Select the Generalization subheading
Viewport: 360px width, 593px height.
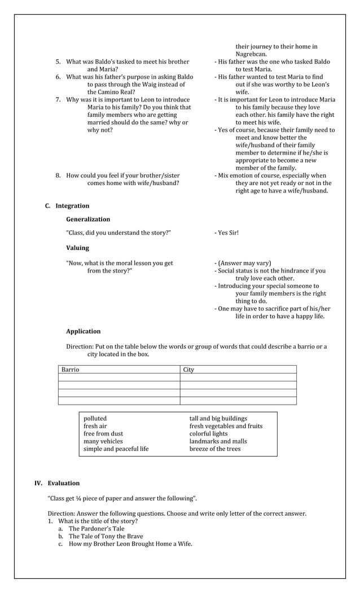(x=88, y=219)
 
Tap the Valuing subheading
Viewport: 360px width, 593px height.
(x=77, y=248)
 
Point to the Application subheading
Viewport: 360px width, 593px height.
(x=83, y=331)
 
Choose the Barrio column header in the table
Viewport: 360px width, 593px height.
(x=71, y=370)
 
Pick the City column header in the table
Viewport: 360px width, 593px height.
(x=188, y=370)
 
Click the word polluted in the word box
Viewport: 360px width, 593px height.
(x=95, y=419)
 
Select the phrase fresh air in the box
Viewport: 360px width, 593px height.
(x=95, y=426)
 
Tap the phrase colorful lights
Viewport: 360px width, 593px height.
(x=208, y=434)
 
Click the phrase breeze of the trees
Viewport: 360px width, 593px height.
(x=214, y=449)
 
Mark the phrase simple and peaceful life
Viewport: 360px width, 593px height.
(x=116, y=449)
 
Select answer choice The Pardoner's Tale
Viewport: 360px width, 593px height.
(x=96, y=529)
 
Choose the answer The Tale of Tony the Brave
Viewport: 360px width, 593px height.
(x=106, y=537)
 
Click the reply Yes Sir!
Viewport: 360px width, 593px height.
(x=228, y=232)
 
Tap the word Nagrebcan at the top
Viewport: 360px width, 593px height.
(x=251, y=54)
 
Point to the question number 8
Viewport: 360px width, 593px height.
(x=58, y=175)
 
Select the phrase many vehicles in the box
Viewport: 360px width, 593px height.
(x=103, y=441)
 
